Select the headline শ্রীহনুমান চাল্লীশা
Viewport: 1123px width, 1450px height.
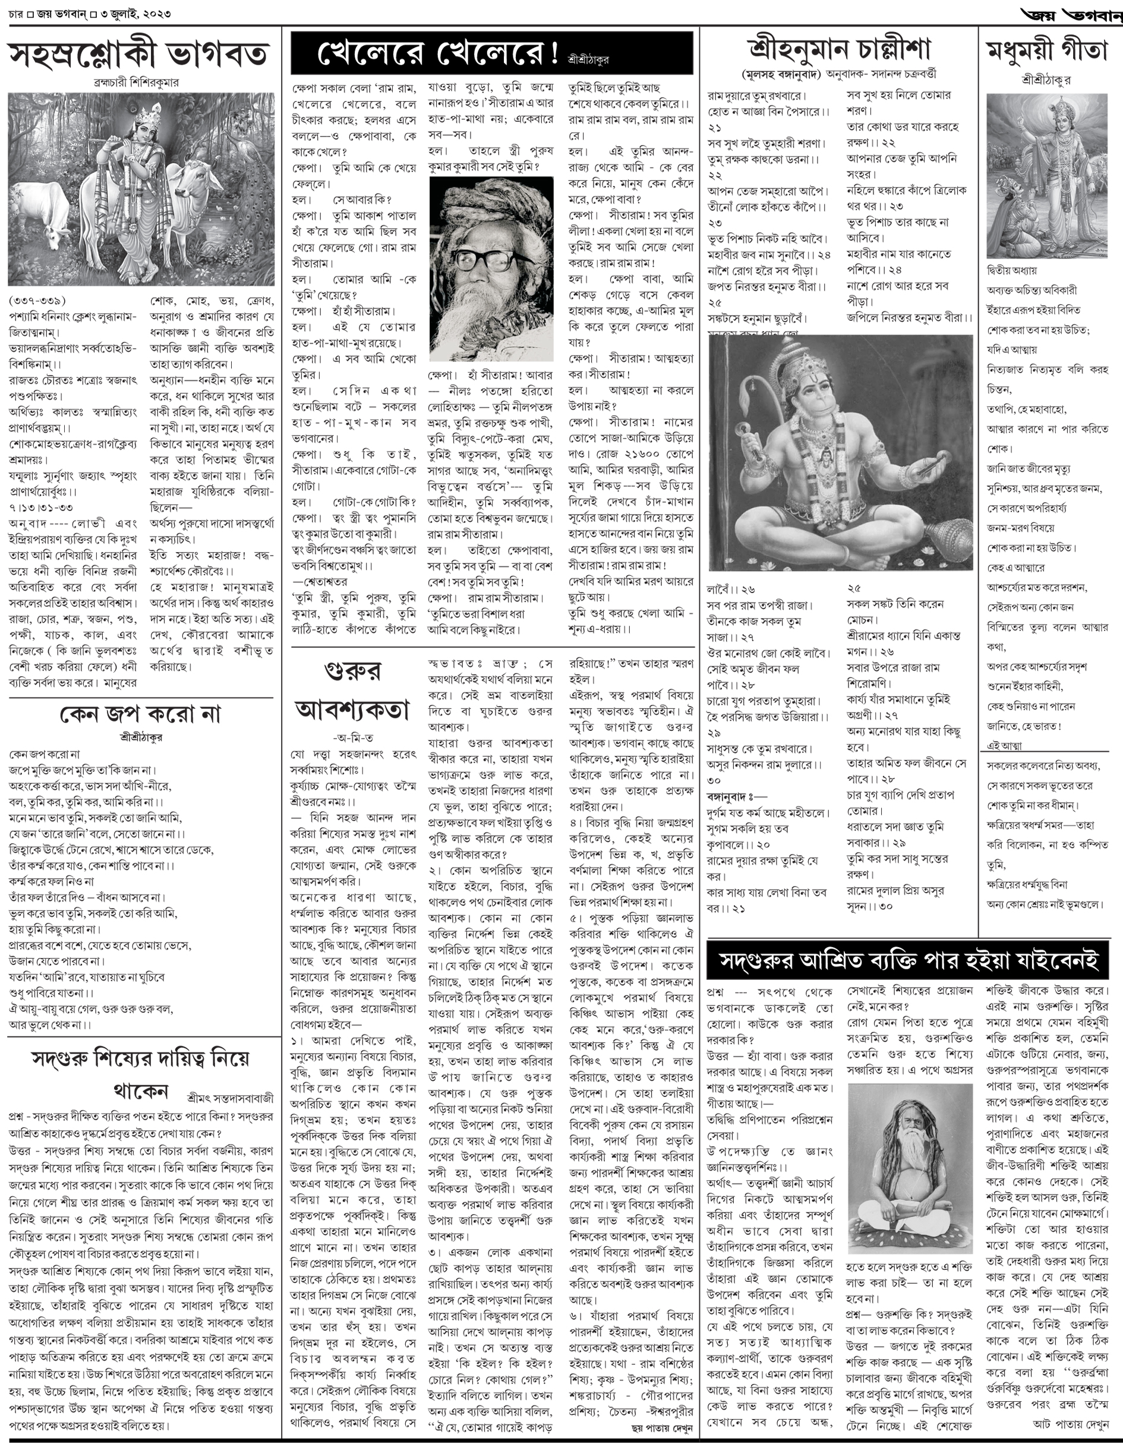(839, 49)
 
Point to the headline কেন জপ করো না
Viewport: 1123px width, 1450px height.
(140, 714)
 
